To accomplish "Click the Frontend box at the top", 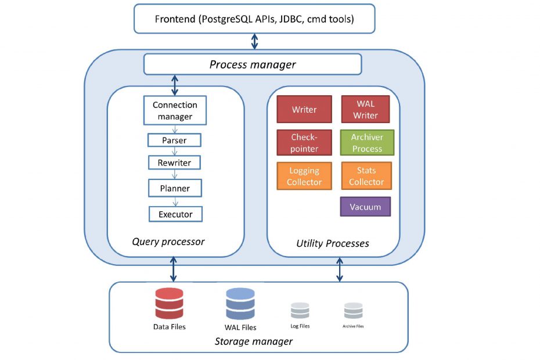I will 254,19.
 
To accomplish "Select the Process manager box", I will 253,64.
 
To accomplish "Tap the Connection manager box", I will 175,110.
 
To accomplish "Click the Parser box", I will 174,141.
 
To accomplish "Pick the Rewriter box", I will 175,163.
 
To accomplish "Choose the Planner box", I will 175,188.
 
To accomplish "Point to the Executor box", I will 175,214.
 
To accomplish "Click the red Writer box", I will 304,109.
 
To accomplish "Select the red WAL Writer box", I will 365,109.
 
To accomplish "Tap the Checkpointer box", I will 304,143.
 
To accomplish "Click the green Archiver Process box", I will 367,143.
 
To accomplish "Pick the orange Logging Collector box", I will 304,176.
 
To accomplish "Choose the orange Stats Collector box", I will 366,176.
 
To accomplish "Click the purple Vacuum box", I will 365,207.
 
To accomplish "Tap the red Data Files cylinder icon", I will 169,303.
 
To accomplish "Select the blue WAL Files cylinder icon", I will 240,304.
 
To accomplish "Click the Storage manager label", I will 254,341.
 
